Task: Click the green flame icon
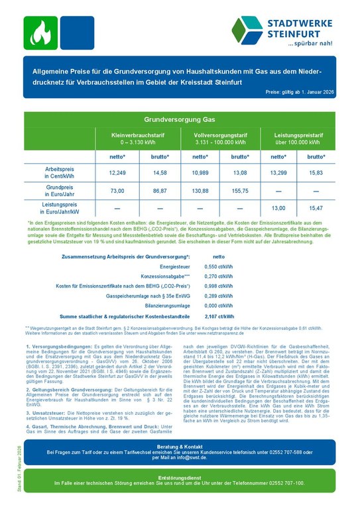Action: point(40,33)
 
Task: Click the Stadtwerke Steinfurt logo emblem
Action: point(247,30)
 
